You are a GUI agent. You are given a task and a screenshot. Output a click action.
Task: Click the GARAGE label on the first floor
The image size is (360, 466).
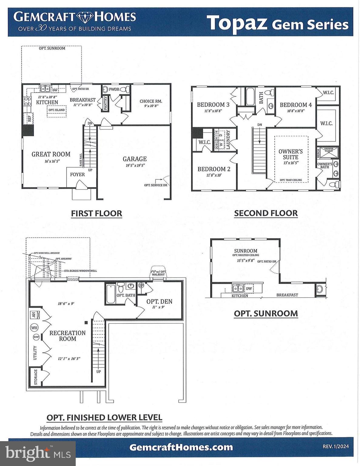[134, 159]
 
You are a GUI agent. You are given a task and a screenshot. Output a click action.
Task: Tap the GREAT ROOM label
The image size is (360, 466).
[51, 154]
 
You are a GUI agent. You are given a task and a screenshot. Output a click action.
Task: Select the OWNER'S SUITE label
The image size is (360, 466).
[291, 154]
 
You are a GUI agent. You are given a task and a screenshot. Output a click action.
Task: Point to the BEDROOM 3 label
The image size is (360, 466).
[213, 105]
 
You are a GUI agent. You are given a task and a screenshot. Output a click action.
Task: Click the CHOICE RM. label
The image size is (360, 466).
[151, 101]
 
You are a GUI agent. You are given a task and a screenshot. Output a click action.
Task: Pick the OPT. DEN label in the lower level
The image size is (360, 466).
[159, 301]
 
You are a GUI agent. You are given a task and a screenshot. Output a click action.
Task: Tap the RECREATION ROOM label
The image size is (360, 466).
[67, 336]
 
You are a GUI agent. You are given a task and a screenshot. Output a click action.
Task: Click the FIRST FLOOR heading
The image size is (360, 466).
[96, 214]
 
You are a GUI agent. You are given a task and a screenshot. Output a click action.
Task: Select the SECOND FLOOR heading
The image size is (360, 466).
[266, 213]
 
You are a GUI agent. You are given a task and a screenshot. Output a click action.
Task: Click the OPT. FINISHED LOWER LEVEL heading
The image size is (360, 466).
[104, 417]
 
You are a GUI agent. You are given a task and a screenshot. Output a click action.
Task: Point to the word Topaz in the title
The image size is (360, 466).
[237, 23]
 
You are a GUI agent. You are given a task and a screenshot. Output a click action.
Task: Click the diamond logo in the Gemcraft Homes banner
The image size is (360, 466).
[85, 17]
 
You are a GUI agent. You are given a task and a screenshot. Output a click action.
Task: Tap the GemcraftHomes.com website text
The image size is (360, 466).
[181, 447]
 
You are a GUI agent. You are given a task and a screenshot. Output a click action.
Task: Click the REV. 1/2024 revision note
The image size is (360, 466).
[335, 446]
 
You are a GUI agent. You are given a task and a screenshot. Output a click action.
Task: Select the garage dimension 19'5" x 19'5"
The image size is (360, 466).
[135, 166]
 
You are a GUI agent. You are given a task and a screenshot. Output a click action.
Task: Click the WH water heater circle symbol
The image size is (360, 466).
[34, 328]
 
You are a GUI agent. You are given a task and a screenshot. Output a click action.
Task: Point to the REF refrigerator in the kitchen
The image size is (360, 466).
[29, 119]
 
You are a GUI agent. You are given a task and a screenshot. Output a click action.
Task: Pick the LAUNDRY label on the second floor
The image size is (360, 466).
[228, 140]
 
